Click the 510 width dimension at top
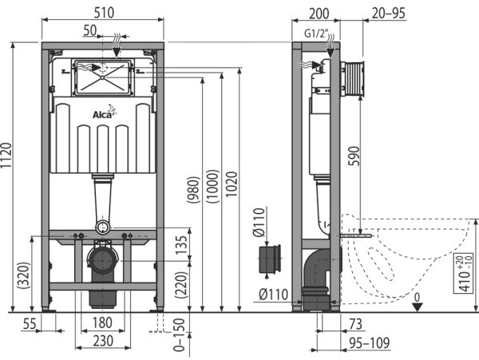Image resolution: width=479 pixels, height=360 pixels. [103, 12]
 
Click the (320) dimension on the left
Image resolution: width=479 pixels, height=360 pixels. [23, 279]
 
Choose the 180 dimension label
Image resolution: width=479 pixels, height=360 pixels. [101, 322]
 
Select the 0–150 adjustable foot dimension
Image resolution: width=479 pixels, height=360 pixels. [180, 335]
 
